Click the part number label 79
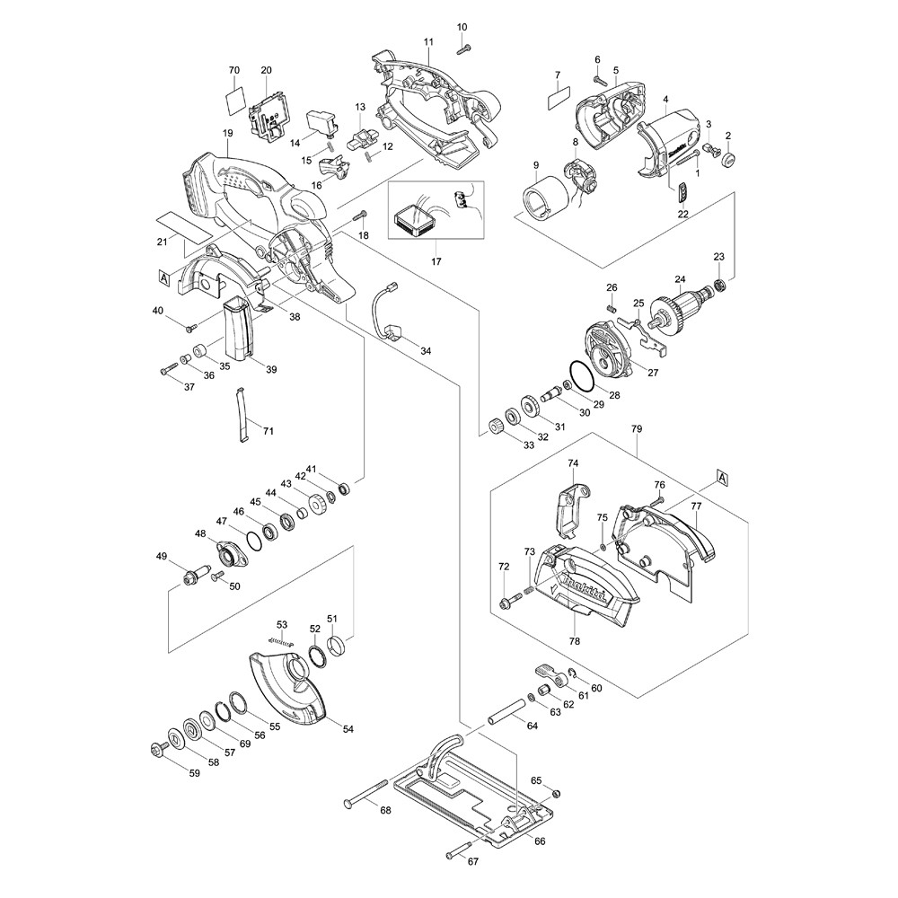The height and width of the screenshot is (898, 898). coord(637,430)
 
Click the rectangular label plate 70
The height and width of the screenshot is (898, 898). coord(234,97)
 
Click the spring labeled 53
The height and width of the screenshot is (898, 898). coord(282,641)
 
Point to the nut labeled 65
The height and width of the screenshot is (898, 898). coord(554,793)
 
